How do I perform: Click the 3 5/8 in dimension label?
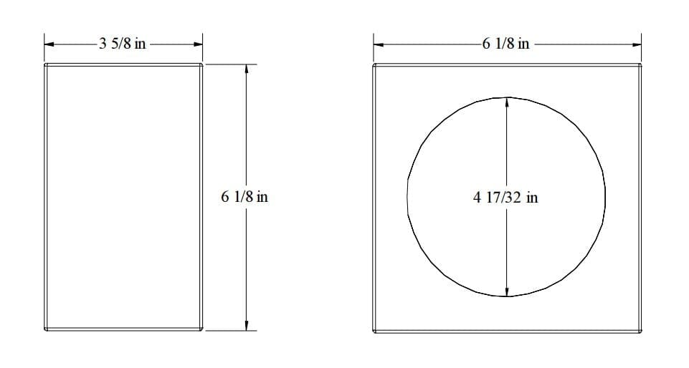[x=122, y=44]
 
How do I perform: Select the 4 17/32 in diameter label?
[x=505, y=198]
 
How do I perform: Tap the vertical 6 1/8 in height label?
[x=244, y=196]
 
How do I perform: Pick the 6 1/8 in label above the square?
[x=505, y=44]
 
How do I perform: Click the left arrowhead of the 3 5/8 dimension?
[x=49, y=44]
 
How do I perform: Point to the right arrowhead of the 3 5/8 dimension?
[x=198, y=44]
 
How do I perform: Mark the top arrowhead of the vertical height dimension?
[x=247, y=69]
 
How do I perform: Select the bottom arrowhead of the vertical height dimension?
[x=247, y=326]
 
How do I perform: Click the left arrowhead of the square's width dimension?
[x=379, y=44]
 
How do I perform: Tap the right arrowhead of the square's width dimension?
[x=637, y=44]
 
